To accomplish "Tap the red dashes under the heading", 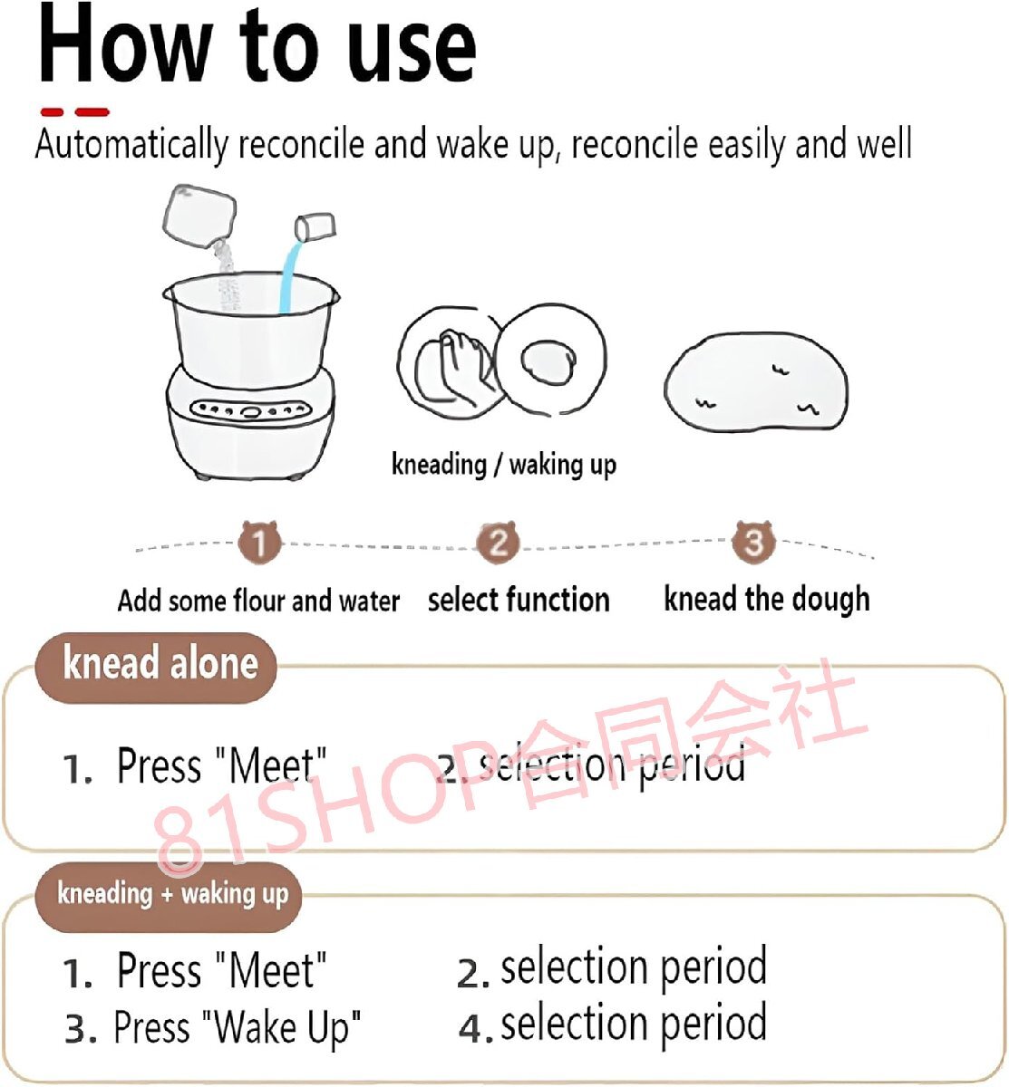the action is [75, 112].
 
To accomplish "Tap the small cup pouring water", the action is [315, 226].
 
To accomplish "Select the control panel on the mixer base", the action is [249, 409].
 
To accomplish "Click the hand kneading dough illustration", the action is [452, 361].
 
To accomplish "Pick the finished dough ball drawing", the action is [756, 381].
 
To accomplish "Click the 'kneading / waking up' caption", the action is [504, 465].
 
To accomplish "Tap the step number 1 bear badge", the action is [260, 542].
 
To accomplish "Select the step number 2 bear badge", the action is [497, 542].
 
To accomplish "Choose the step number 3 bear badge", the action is [753, 542].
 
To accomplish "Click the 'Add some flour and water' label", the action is [258, 601].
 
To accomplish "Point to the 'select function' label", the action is [519, 600].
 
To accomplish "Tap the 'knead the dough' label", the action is [767, 599].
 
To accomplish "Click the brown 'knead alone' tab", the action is [156, 668].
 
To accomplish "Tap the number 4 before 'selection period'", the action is [472, 1029].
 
